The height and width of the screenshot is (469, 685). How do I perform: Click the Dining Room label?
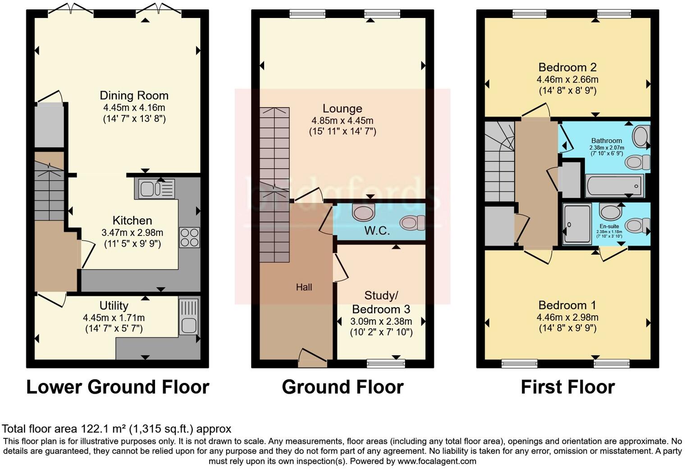tap(134, 96)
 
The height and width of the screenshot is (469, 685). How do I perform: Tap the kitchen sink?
tap(154, 189)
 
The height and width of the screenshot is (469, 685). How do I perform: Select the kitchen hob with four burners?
tap(189, 238)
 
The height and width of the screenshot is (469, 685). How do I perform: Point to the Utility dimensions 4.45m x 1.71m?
tap(114, 317)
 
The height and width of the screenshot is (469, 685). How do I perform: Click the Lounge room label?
tap(342, 109)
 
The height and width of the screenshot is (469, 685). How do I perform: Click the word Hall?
tap(304, 287)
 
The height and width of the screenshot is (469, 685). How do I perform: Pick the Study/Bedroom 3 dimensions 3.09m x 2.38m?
tap(381, 322)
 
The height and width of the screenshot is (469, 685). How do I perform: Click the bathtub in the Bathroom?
tap(614, 186)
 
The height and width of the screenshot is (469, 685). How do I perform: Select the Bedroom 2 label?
tap(567, 68)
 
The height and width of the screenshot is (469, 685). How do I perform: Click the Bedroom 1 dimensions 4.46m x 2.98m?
tap(567, 317)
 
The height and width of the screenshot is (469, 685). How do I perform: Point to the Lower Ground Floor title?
tap(118, 387)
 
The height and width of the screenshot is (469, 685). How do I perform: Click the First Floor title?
tap(567, 387)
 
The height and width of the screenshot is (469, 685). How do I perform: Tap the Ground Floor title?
tap(342, 387)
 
